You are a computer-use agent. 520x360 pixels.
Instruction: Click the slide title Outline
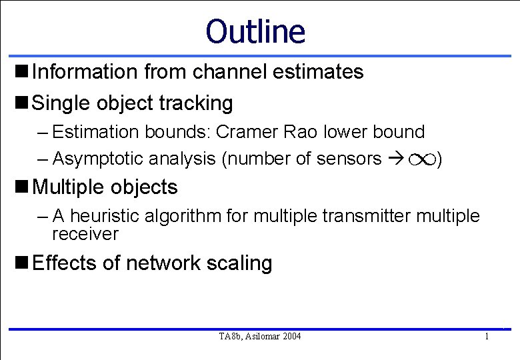coord(255,31)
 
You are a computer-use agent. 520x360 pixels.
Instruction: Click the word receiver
coord(85,234)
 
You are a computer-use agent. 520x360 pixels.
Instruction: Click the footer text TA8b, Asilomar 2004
coord(259,337)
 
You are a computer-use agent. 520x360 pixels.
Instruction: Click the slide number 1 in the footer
coord(487,337)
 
